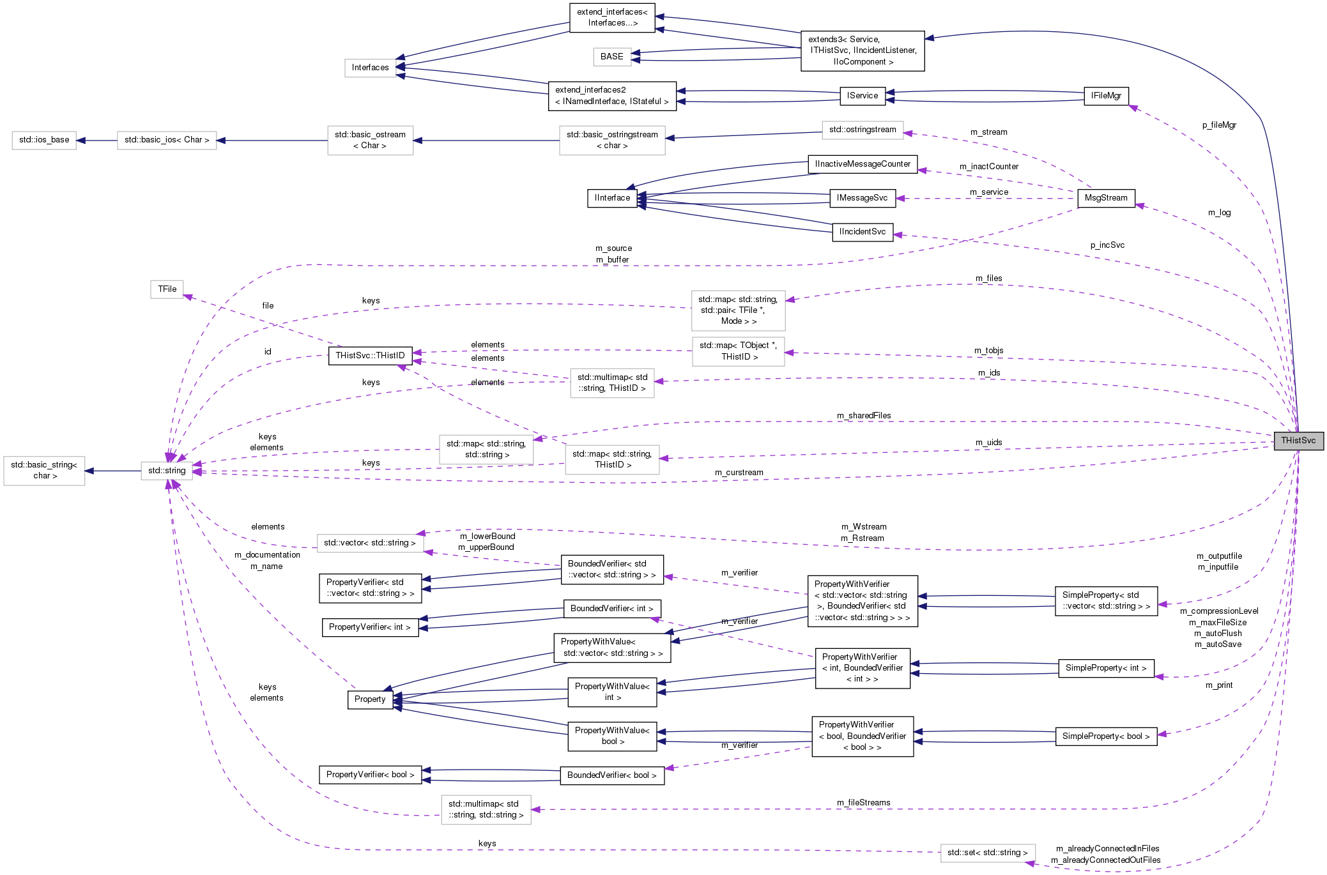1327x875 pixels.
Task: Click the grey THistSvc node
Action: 1298,441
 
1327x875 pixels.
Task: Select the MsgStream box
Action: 1106,198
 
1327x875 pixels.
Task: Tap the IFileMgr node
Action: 1106,96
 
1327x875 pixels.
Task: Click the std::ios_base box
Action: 44,140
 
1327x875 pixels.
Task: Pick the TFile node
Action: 167,289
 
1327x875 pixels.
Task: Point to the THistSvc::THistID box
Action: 370,356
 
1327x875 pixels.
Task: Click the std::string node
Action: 167,471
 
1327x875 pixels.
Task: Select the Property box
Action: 370,699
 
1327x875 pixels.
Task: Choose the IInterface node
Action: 612,198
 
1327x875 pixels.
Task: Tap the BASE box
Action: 611,57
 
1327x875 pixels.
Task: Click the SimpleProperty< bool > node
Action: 1105,736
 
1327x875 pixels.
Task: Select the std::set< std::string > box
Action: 987,853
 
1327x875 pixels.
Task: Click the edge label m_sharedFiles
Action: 864,416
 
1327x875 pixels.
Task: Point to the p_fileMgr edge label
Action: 1219,125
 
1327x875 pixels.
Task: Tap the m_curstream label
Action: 739,473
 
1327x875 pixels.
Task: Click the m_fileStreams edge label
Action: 863,803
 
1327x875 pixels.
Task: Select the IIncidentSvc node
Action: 862,232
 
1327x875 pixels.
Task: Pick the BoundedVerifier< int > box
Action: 611,609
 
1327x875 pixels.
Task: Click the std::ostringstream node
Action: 862,130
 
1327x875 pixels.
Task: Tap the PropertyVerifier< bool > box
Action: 370,775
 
